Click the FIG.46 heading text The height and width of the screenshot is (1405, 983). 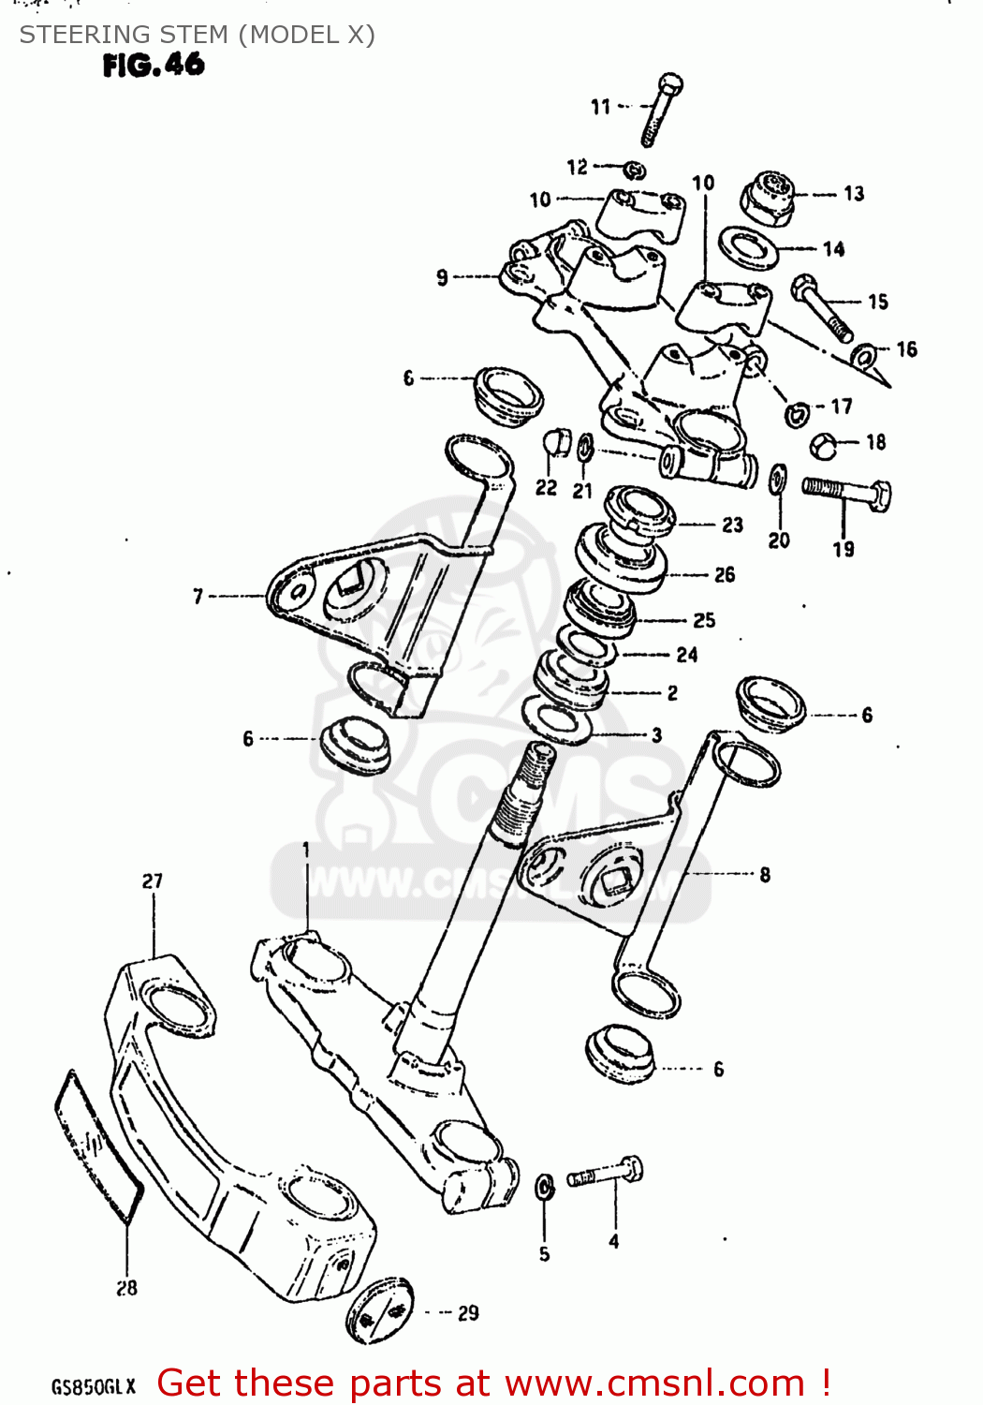(154, 65)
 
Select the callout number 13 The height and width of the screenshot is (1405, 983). (854, 194)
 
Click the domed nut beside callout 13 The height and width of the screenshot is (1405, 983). (768, 197)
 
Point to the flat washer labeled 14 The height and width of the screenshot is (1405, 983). (748, 247)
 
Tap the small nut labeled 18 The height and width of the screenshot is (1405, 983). (822, 445)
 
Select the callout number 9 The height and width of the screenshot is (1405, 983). (442, 277)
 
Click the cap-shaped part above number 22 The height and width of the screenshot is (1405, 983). (557, 441)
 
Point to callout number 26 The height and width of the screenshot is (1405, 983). (725, 575)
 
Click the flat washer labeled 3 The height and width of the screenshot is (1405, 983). (553, 719)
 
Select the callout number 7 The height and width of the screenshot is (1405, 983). (198, 596)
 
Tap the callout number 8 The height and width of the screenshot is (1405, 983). (765, 875)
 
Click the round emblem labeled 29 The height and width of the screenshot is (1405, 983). (380, 1310)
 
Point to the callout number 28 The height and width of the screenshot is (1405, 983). (127, 1288)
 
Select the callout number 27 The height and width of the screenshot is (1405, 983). (153, 881)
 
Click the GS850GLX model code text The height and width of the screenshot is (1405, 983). (94, 1386)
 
